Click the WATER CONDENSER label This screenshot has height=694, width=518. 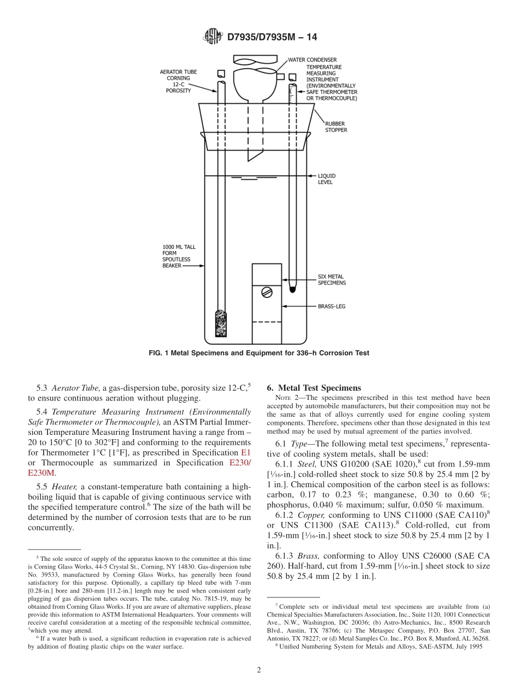click(x=312, y=59)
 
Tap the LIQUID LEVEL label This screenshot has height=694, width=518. click(x=327, y=179)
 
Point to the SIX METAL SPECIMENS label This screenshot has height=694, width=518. click(x=332, y=280)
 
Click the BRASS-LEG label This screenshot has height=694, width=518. click(x=332, y=307)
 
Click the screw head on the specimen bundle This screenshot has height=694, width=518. click(x=267, y=292)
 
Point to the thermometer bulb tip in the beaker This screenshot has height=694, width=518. click(x=292, y=285)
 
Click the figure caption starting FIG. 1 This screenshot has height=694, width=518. click(x=259, y=353)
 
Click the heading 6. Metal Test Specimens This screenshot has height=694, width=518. click(x=314, y=388)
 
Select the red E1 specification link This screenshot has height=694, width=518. click(x=246, y=453)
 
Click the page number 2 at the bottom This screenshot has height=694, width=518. click(x=259, y=670)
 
